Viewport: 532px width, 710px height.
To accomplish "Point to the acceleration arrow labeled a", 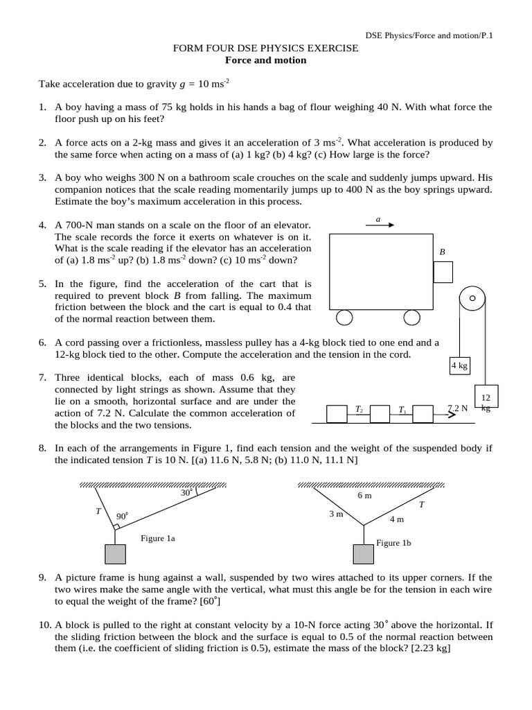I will [x=380, y=225].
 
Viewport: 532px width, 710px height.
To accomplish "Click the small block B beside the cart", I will [x=443, y=272].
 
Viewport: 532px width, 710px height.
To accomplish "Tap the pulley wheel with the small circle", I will [x=472, y=299].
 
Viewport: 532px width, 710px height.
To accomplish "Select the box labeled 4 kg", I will [x=459, y=365].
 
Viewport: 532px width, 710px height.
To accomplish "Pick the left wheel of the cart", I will [x=344, y=318].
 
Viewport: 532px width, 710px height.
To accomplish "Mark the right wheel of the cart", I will [x=411, y=318].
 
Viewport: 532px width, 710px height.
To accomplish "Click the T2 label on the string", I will [x=359, y=410].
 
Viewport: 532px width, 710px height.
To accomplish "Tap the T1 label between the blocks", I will [x=402, y=410].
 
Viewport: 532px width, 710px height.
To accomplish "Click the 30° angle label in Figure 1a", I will [x=186, y=493].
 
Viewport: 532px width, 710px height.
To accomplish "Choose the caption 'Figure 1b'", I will [x=393, y=544].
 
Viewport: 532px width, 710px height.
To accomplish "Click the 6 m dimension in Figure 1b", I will [x=365, y=496].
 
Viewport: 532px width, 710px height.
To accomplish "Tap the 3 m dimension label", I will [x=337, y=514].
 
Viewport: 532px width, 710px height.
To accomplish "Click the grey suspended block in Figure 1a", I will [x=115, y=555].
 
